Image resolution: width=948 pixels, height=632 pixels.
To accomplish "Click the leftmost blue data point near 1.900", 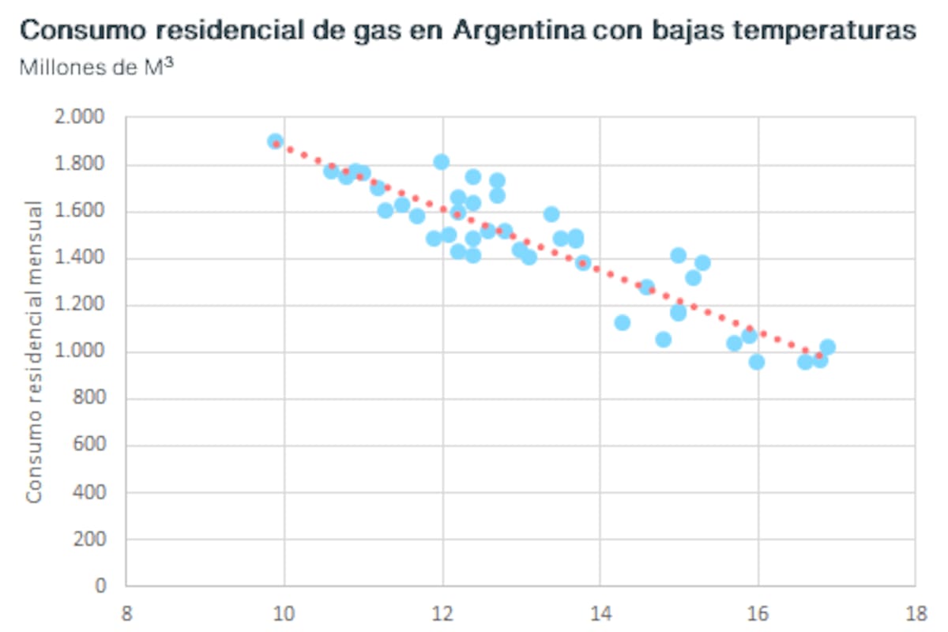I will coord(275,142).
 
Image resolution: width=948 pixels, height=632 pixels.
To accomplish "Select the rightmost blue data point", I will coord(827,347).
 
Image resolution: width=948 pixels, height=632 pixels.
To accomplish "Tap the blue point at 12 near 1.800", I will coord(442,162).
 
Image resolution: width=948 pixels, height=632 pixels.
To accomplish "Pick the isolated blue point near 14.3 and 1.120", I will coord(623,322).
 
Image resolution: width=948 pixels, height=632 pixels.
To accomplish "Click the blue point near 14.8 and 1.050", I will coord(664,340).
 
